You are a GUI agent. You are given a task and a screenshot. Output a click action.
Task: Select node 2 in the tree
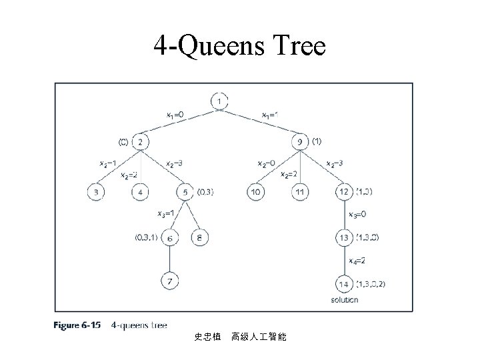(x=141, y=142)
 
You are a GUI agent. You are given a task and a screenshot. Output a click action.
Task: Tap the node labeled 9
(x=299, y=142)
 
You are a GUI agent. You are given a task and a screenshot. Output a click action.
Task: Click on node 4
(x=141, y=193)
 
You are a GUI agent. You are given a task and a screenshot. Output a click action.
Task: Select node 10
(x=255, y=193)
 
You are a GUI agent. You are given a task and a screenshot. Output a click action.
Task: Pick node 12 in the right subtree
(x=344, y=193)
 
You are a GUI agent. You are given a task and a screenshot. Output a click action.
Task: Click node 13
(x=344, y=237)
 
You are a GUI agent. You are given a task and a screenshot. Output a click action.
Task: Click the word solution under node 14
(x=344, y=300)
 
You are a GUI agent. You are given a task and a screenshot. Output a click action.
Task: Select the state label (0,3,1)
(x=147, y=237)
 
